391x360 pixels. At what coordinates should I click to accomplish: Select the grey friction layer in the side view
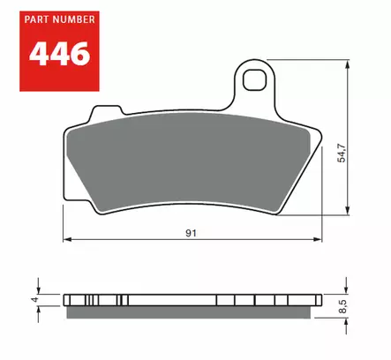(190, 308)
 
